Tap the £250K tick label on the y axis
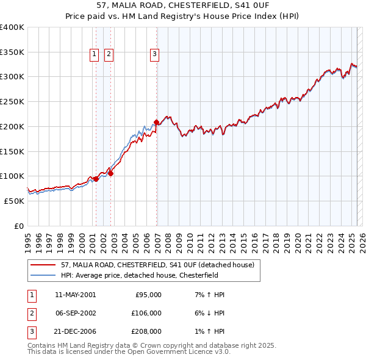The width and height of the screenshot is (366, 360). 12,101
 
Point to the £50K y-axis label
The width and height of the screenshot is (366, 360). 14,200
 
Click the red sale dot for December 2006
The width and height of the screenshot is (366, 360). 157,122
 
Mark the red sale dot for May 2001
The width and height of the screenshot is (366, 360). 96,179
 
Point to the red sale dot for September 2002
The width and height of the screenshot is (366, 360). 110,173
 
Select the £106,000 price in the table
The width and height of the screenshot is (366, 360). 146,313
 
